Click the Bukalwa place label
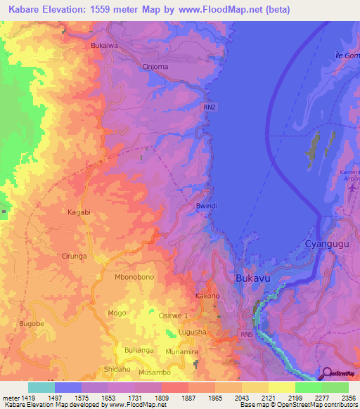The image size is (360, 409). [x=104, y=46]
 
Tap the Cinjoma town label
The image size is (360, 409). [x=155, y=67]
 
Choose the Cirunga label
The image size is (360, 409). [x=74, y=257]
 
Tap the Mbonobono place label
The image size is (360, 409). [x=134, y=278]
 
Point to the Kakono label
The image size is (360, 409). [x=207, y=296]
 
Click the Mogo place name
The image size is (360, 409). [x=117, y=312]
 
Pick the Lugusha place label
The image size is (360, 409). [x=192, y=331]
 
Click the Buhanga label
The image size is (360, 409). [x=139, y=350]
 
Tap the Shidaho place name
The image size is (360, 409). [x=117, y=369]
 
